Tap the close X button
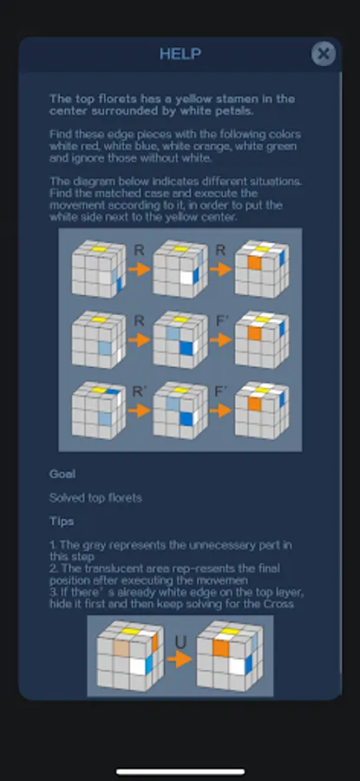324,53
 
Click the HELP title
180,54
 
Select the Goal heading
62,474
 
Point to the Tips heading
62,521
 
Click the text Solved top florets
95,497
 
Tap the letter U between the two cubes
180,642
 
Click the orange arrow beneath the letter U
180,660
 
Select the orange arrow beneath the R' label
140,410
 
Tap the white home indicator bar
180,772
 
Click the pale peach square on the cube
121,647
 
